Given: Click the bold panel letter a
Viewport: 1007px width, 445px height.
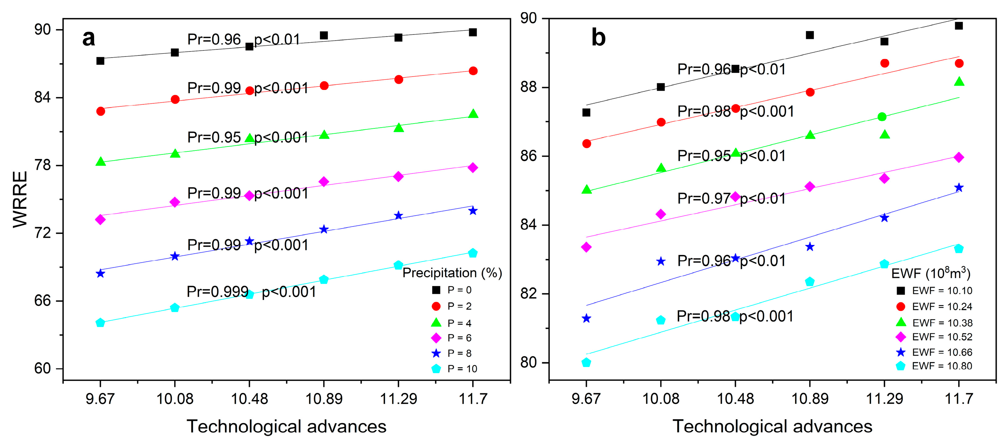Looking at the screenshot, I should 89,38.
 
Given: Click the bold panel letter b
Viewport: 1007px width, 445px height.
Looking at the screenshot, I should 598,38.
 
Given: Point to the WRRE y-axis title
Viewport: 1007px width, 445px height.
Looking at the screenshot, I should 20,199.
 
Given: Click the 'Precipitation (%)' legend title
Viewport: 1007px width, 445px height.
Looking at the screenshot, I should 452,273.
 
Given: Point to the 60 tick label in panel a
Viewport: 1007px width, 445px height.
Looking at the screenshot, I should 43,369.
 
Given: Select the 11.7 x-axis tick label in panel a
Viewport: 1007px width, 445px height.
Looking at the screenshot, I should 473,399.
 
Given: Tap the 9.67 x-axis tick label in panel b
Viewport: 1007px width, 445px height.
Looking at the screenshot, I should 586,399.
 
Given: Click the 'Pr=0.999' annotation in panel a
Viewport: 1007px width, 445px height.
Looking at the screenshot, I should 217,291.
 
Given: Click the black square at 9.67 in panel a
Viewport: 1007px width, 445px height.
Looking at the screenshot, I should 100,61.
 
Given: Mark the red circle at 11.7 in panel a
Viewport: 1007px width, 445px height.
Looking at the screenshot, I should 473,71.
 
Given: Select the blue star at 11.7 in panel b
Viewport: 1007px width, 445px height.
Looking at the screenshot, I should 959,188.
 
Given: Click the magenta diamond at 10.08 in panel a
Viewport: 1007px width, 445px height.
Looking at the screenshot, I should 175,202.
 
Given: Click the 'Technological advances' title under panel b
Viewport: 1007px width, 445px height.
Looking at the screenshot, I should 772,427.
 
